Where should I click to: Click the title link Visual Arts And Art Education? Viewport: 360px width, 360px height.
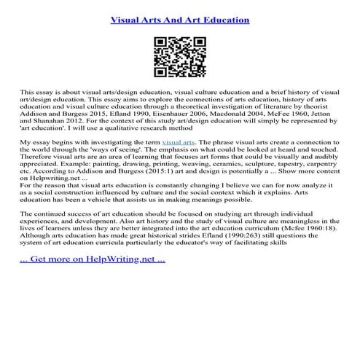[x=179, y=20]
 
